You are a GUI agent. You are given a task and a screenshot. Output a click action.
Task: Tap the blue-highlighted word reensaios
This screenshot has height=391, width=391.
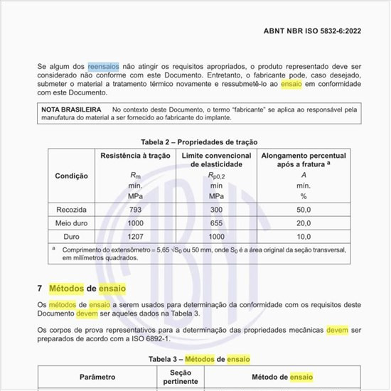(103, 65)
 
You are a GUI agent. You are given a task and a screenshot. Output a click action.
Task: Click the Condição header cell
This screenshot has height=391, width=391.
(71, 176)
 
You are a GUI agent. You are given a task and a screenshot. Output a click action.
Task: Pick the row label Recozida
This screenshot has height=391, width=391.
(71, 209)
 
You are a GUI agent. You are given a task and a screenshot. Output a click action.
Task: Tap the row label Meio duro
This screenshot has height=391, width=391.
(71, 223)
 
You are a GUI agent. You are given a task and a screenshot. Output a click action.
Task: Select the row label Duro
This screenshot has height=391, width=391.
(71, 236)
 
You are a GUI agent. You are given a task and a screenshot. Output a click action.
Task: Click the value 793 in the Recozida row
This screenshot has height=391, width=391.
(135, 209)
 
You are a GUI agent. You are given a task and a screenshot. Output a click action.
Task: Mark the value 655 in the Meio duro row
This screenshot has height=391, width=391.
(216, 223)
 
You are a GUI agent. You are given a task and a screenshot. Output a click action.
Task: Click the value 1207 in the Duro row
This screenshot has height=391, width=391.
(135, 236)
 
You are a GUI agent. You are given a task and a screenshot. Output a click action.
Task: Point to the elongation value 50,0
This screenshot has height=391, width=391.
(304, 209)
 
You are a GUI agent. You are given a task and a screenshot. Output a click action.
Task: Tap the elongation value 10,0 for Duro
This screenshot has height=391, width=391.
(304, 236)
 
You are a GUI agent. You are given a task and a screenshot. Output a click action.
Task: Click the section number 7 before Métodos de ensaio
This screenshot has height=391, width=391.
(40, 289)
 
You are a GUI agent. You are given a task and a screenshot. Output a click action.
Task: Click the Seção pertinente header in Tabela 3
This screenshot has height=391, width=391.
(181, 376)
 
